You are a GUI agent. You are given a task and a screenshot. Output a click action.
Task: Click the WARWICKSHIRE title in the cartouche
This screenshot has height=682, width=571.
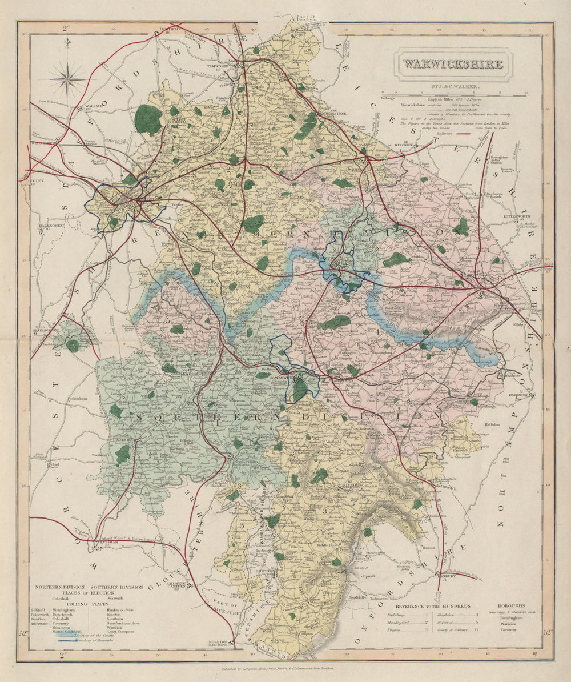tap(454, 63)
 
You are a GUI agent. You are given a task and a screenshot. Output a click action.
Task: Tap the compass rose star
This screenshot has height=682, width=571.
tap(67, 79)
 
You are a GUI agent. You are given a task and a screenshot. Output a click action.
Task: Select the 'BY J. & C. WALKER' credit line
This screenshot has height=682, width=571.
tap(453, 86)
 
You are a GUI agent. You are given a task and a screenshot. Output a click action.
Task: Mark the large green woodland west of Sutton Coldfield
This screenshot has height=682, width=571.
tap(148, 119)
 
